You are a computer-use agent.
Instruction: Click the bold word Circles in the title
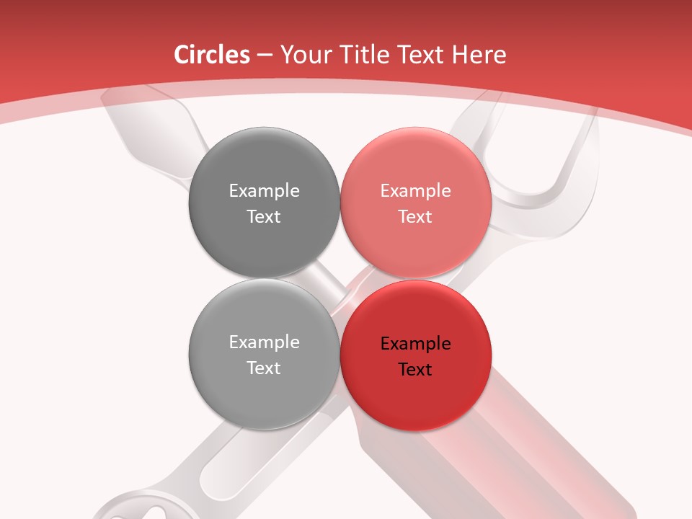coord(212,55)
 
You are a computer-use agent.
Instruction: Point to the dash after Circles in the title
coord(265,56)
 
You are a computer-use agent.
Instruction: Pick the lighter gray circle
coord(264,389)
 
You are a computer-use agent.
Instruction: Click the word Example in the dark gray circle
coord(264,191)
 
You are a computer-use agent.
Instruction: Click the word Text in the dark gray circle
coord(264,217)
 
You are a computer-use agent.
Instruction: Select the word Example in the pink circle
coord(415,191)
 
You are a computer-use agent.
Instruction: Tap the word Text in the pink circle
coord(415,217)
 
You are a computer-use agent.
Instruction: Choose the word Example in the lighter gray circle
coord(264,342)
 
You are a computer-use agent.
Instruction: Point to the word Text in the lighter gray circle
coord(264,368)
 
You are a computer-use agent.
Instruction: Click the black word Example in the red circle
coord(415,344)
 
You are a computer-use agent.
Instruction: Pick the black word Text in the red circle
coord(415,370)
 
